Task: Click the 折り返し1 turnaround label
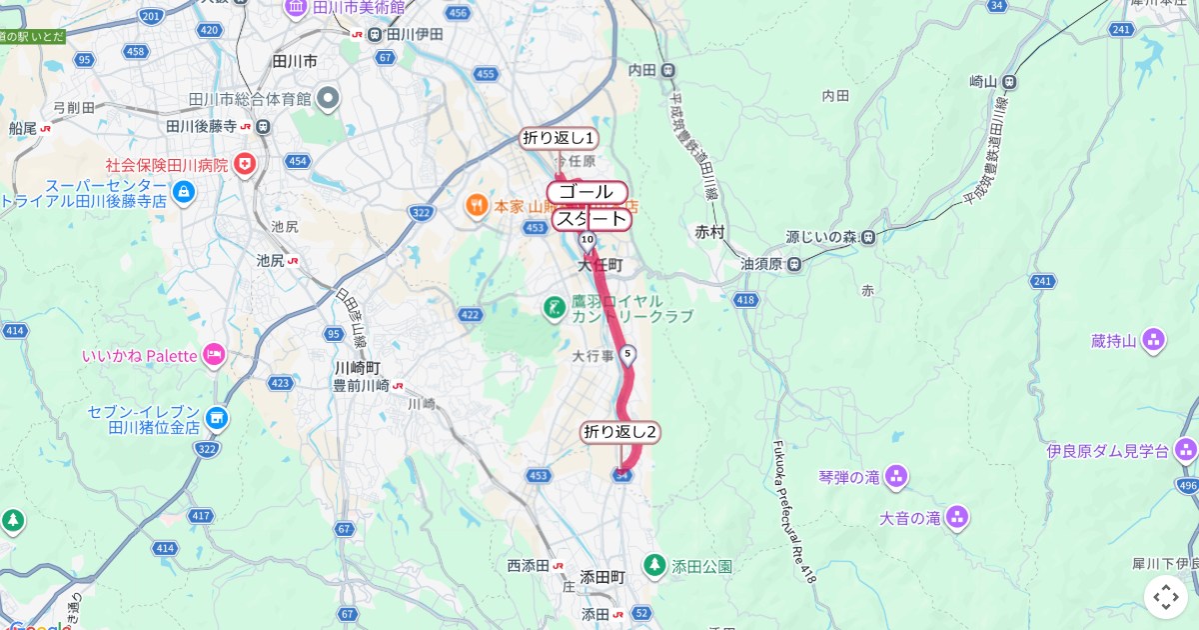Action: [559, 138]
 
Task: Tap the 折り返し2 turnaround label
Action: [620, 432]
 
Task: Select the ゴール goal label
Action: [587, 192]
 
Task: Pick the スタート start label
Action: [592, 219]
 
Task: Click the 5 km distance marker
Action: [627, 354]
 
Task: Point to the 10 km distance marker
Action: [587, 240]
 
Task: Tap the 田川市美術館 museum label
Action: [355, 8]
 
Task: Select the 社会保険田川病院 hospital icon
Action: [244, 163]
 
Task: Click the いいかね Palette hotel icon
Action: [214, 354]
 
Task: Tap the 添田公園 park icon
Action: [654, 565]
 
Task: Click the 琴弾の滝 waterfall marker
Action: [896, 477]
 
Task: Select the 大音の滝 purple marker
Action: [957, 517]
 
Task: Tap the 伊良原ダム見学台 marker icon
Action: [1185, 451]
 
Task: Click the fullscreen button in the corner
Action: [1166, 597]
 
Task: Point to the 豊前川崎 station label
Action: [367, 385]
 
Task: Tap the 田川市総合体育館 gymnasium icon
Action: [329, 99]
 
